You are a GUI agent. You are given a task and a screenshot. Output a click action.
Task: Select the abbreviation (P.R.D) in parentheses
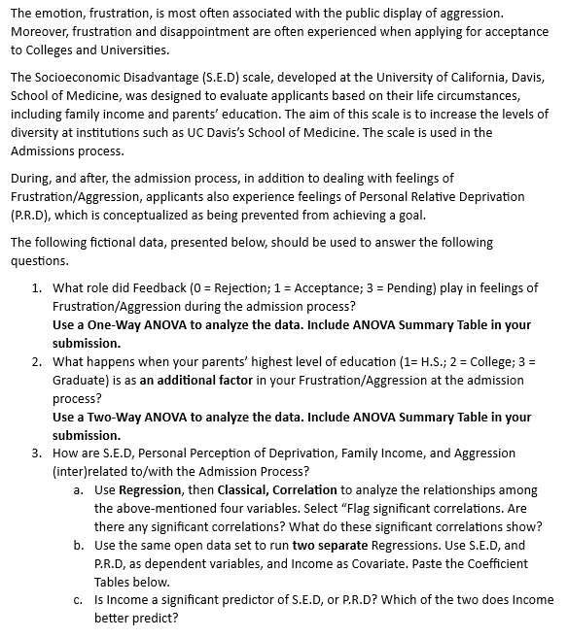(x=40, y=215)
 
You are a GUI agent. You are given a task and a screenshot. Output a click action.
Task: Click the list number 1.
(x=35, y=287)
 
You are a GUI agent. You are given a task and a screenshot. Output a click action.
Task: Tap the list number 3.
(x=35, y=453)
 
